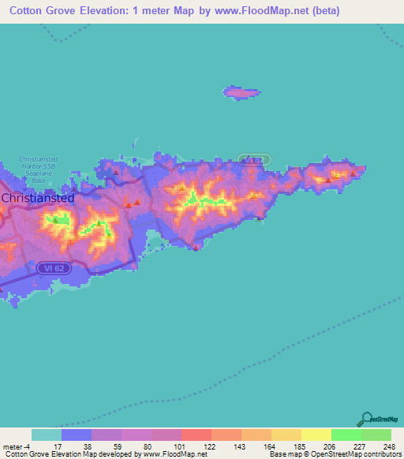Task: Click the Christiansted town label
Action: (38, 198)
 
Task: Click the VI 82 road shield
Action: (253, 160)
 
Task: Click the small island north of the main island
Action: (241, 92)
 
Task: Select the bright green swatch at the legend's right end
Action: (376, 435)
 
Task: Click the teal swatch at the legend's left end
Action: (47, 435)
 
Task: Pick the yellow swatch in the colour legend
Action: (316, 435)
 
